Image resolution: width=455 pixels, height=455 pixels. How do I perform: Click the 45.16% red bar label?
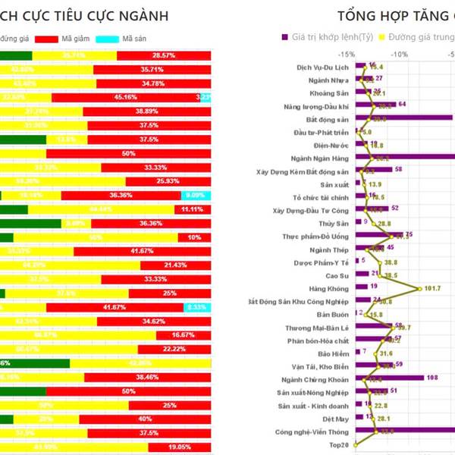124,97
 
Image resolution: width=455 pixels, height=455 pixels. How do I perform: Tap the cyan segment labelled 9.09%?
195,196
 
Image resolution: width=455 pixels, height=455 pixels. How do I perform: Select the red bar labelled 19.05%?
180,447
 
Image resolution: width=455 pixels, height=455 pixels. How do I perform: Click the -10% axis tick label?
399,55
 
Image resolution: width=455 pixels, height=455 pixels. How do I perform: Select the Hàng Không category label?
328,287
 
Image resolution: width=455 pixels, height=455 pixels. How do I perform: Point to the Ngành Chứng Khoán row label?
314,378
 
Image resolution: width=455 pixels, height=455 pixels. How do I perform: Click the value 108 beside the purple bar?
432,377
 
